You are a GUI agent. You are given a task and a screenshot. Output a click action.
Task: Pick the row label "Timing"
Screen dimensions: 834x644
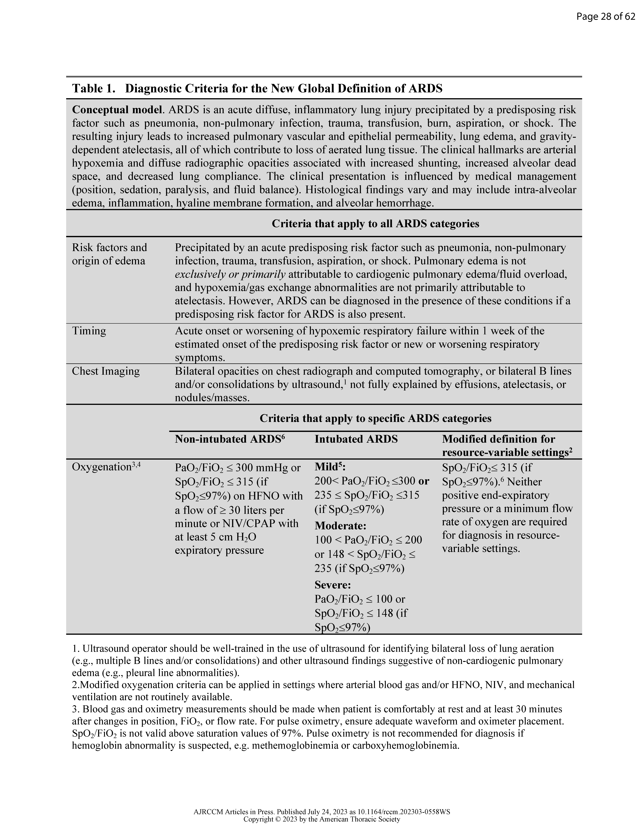89,331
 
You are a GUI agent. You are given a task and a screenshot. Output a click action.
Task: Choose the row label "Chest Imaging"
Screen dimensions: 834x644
106,371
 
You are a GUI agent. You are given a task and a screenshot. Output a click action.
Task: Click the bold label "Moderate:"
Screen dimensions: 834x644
340,526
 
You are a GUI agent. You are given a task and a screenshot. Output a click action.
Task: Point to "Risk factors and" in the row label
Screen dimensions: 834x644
109,247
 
